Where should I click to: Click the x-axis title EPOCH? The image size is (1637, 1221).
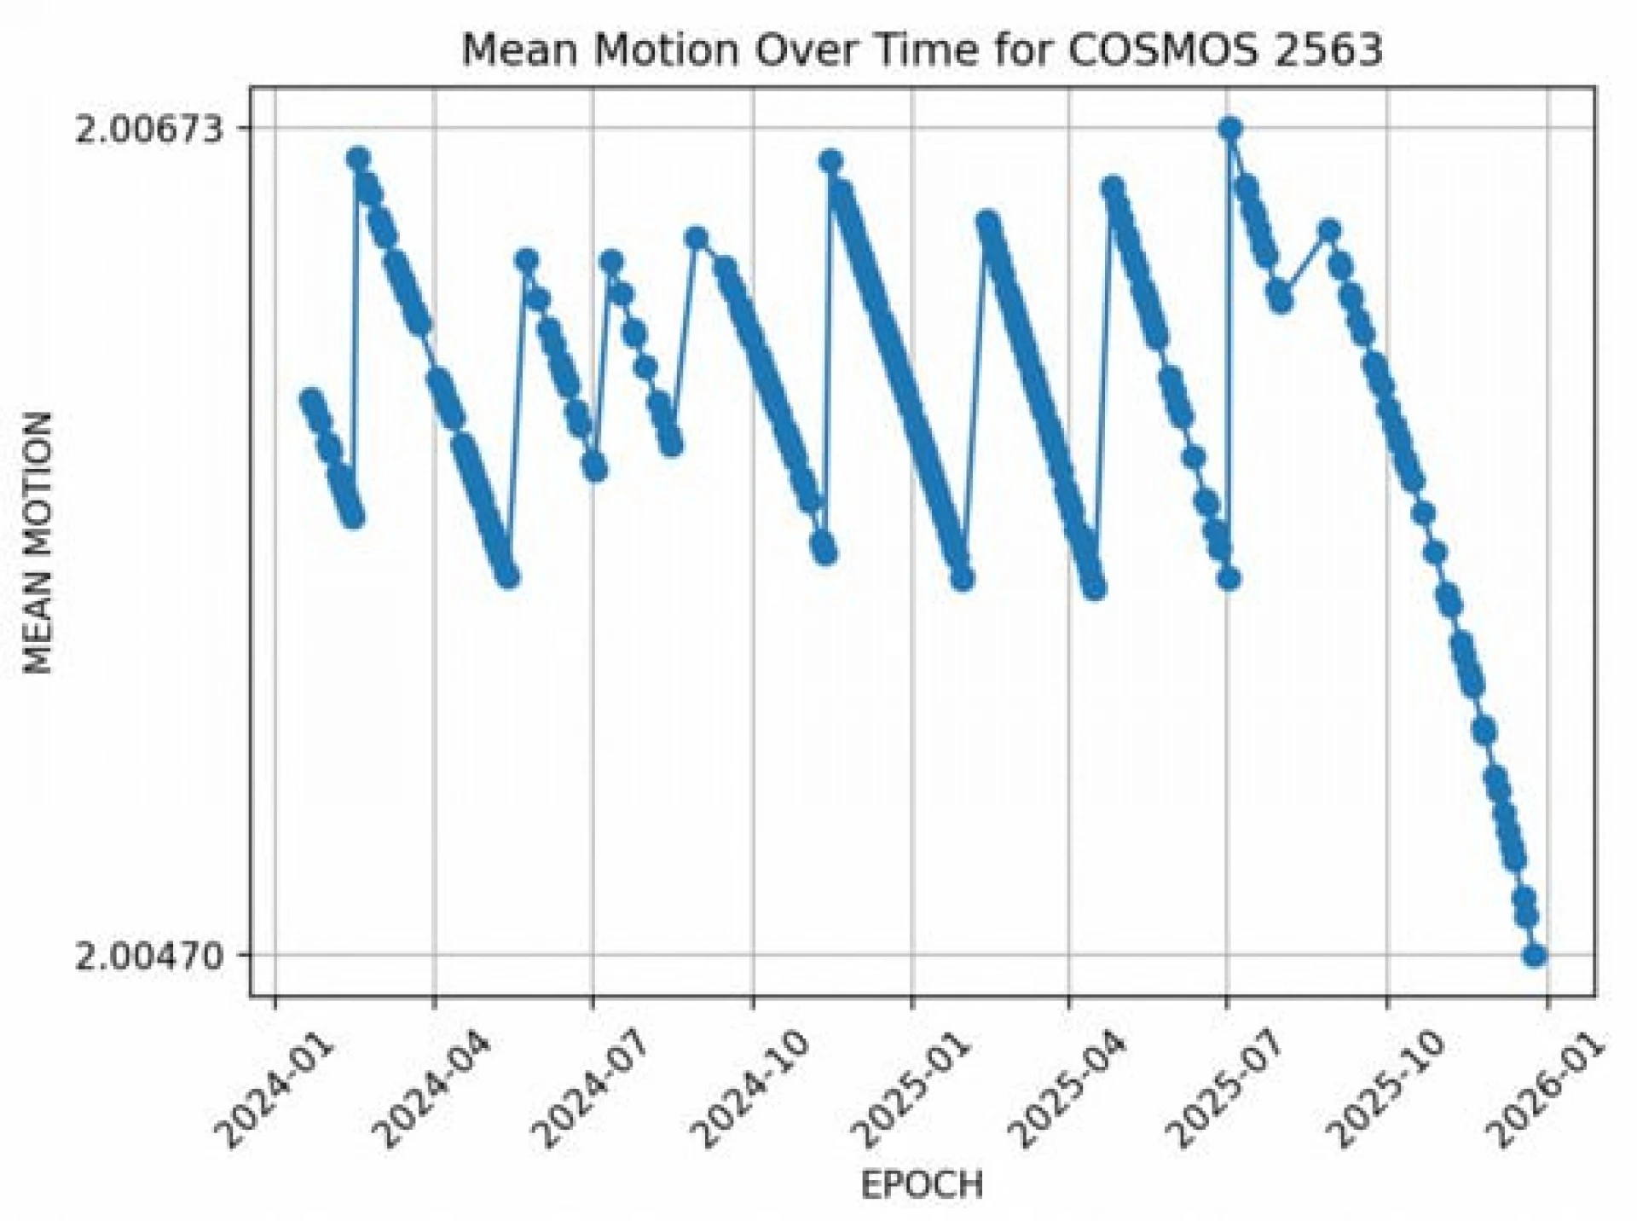point(922,1184)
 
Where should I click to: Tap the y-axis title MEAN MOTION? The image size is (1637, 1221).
point(38,543)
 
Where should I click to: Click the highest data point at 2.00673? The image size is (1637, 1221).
point(1229,129)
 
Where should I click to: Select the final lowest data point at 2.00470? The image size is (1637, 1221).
point(1536,955)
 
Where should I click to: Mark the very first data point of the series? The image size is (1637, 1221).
point(309,399)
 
